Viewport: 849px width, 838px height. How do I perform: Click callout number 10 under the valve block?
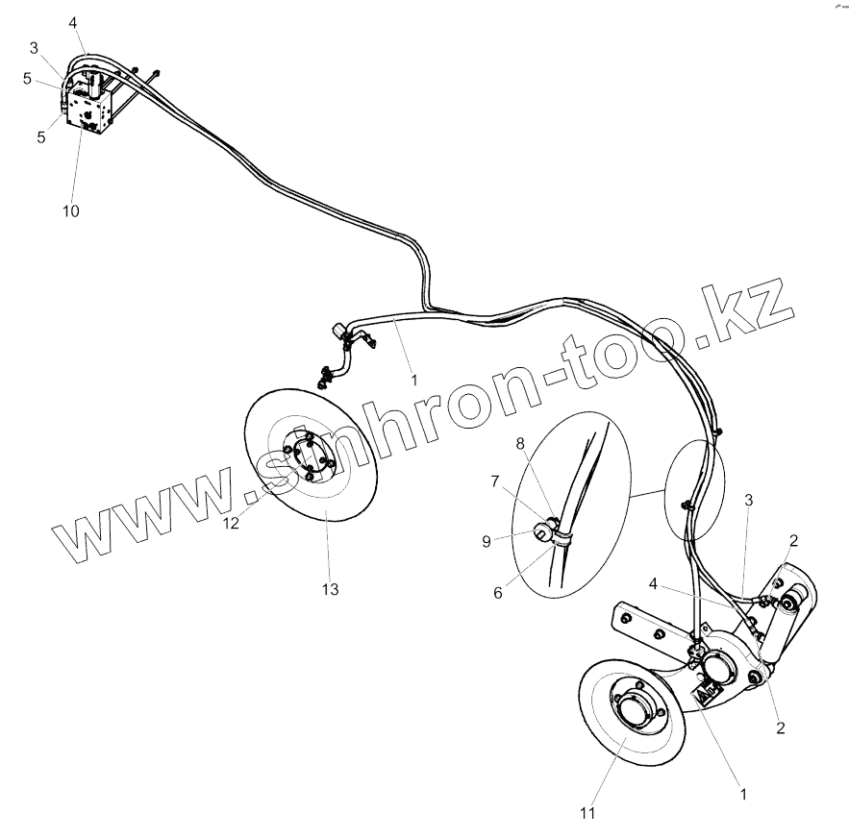72,209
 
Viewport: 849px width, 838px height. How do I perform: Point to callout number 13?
330,589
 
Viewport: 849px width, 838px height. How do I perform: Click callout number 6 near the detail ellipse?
498,593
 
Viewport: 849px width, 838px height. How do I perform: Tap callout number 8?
520,444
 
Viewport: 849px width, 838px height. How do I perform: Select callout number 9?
487,541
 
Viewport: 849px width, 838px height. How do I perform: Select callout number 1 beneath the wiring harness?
414,380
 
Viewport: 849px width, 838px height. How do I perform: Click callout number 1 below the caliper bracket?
743,795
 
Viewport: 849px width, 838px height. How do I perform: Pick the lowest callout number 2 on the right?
781,727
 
